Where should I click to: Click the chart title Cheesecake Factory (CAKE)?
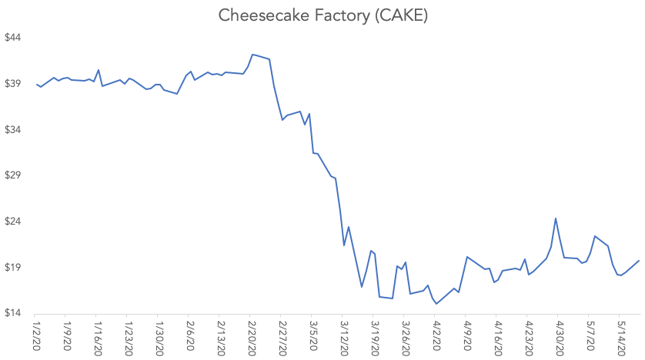click(x=322, y=15)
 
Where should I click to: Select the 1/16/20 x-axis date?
click(x=97, y=338)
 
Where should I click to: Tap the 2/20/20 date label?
click(x=251, y=338)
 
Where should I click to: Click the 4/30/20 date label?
click(x=559, y=338)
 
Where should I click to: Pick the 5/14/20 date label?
click(x=620, y=338)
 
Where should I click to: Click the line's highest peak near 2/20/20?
click(x=252, y=55)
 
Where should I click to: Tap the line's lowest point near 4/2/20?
click(x=436, y=304)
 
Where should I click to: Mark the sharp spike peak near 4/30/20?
click(x=556, y=218)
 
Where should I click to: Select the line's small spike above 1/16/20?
click(x=99, y=70)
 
